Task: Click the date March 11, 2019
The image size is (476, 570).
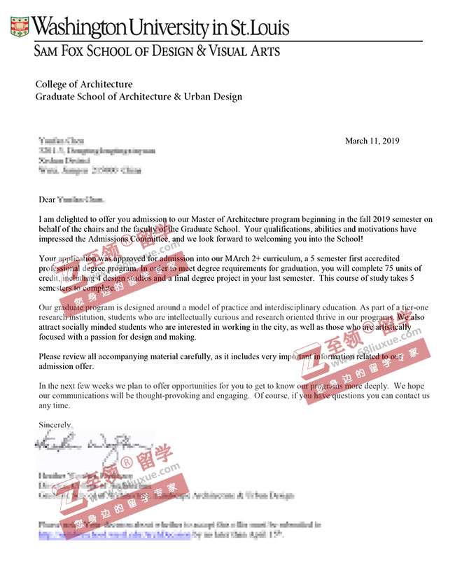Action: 372,141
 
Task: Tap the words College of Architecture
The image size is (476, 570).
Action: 84,84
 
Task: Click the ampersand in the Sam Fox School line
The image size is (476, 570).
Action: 200,51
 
